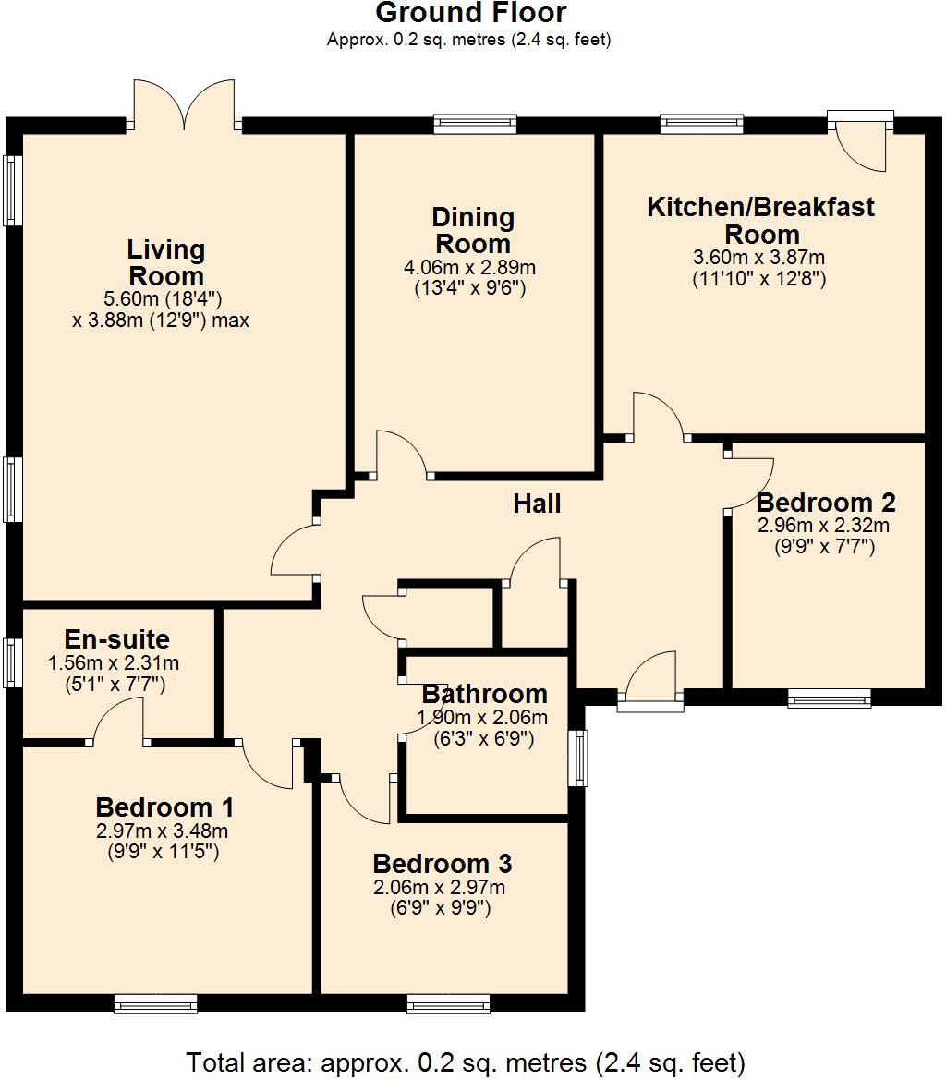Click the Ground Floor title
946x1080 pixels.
(470, 13)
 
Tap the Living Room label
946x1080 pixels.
(166, 262)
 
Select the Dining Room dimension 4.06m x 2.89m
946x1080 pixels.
(473, 268)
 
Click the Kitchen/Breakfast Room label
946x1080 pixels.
(760, 220)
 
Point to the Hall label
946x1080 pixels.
(537, 504)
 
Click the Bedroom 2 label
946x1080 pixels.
(825, 503)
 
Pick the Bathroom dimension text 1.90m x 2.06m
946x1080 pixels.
(483, 719)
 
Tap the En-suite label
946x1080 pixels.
(116, 639)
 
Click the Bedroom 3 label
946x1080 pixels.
(443, 864)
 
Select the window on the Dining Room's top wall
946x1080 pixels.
(476, 124)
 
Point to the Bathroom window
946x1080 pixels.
(577, 758)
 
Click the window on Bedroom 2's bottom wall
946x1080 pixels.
(829, 698)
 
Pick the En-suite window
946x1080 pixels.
(11, 662)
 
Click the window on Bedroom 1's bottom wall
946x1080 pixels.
(155, 1002)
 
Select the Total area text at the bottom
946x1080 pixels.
(466, 1062)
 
